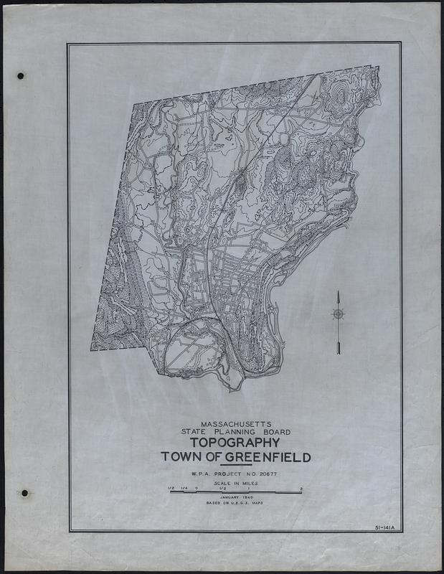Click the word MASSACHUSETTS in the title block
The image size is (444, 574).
[x=236, y=424]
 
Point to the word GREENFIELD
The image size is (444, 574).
[x=270, y=456]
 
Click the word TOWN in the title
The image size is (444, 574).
[x=182, y=456]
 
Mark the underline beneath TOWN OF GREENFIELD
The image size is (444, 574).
[x=236, y=465]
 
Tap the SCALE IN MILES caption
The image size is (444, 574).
[x=236, y=484]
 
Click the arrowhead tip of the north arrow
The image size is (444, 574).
[x=337, y=292]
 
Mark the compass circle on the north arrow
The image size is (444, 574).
[x=337, y=313]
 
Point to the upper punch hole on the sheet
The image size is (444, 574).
[x=21, y=75]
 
